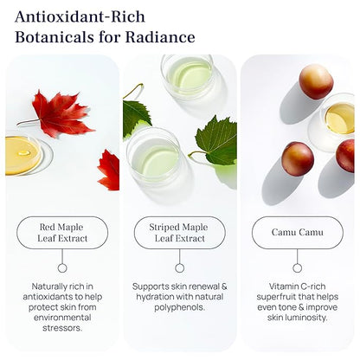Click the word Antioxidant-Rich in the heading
80,17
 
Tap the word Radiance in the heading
160,37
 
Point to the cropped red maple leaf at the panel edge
109,170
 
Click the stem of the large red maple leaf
29,122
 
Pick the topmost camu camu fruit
316,81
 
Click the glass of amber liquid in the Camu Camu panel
335,121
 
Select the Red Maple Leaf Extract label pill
62,233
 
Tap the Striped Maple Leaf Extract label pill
180,233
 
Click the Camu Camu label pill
298,233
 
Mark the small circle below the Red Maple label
62,268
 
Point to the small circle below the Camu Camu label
298,268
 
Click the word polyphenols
179,307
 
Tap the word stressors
62,328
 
